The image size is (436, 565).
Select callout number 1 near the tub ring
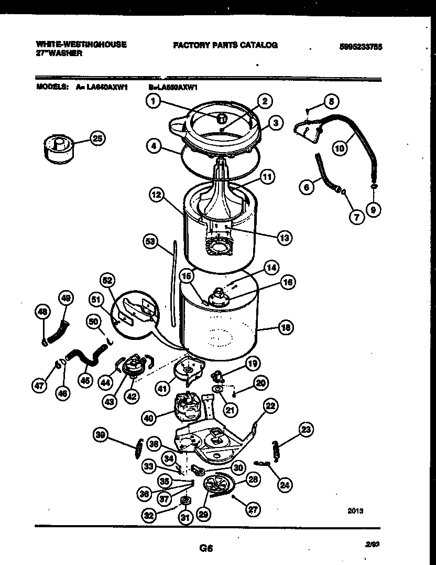152,102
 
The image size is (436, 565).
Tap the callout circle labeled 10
340,148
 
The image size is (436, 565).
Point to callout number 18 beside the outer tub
285,328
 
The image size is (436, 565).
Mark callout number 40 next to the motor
149,418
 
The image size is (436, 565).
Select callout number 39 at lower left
101,434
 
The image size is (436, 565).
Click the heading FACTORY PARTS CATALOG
225,45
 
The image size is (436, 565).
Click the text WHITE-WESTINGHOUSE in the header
81,45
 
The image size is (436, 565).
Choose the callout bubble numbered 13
284,238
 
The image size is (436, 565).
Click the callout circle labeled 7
356,217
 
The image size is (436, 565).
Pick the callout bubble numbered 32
149,516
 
